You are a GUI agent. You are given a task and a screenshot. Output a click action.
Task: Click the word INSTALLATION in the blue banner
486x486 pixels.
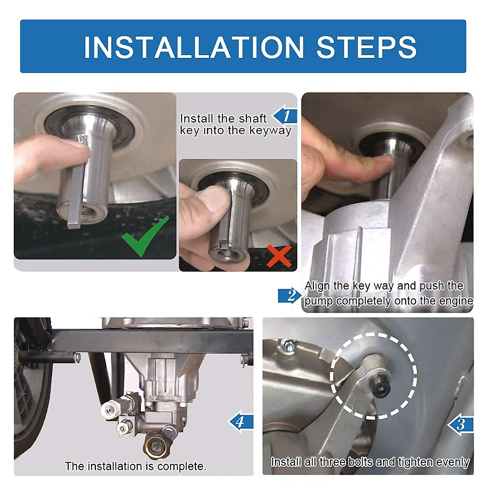tap(194, 47)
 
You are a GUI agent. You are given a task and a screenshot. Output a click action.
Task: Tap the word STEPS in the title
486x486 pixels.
tap(366, 47)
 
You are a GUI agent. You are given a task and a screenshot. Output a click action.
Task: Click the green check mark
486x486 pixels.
tap(145, 236)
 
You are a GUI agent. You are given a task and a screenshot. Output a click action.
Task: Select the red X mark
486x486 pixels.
tap(279, 256)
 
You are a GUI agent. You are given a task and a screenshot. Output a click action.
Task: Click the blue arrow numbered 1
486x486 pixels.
tap(285, 116)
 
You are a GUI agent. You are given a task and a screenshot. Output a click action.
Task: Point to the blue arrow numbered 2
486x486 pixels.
tap(290, 295)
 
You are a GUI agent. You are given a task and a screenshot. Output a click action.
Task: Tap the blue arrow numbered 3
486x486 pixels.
tap(460, 425)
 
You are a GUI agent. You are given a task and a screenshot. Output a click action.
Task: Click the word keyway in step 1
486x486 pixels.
tap(270, 131)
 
